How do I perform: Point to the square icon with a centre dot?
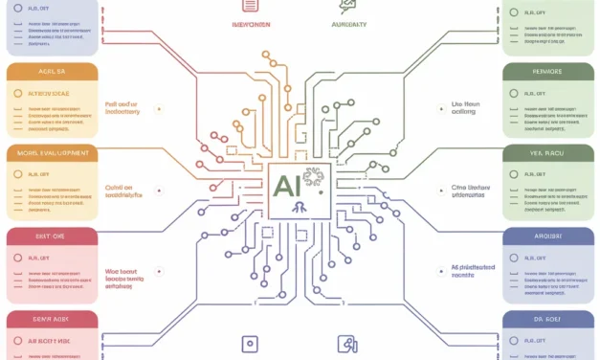250,343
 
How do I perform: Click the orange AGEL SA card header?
51,72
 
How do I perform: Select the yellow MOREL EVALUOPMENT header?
51,153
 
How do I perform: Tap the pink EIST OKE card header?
51,236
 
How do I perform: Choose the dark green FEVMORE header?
549,72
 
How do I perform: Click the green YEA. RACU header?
549,153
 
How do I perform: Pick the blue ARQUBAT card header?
549,236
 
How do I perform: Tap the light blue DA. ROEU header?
549,320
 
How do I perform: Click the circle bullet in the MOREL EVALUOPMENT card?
18,175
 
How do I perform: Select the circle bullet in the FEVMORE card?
515,94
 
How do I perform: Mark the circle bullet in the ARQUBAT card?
515,258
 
